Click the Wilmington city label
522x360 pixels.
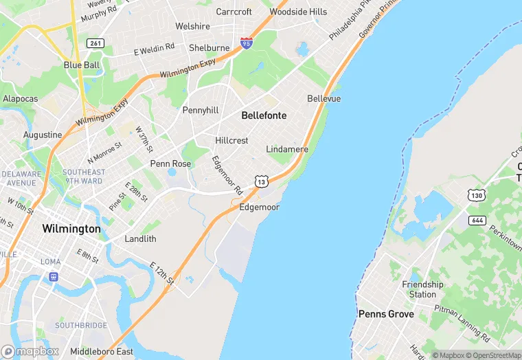(x=71, y=228)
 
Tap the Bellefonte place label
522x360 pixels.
(x=264, y=115)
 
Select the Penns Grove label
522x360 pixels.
(x=386, y=314)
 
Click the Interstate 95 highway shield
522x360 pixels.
(x=247, y=43)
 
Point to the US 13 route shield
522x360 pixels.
(x=260, y=181)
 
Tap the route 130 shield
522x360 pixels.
(x=477, y=196)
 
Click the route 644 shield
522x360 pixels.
(x=477, y=221)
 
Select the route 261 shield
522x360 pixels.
(x=95, y=43)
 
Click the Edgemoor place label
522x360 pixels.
(x=259, y=207)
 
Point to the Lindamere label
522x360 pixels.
(x=287, y=149)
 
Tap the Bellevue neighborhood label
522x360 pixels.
(x=324, y=99)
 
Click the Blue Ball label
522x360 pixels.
(x=82, y=65)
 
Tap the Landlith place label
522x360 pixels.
(x=140, y=239)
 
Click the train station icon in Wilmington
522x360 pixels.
(x=53, y=276)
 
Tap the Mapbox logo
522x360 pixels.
(x=30, y=351)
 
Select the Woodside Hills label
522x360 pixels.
(x=298, y=12)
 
